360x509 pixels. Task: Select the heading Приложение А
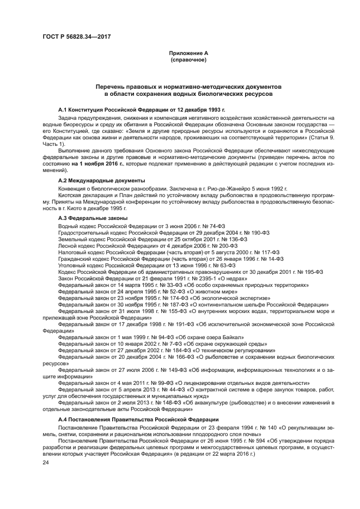188,53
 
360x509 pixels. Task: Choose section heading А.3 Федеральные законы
93,218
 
